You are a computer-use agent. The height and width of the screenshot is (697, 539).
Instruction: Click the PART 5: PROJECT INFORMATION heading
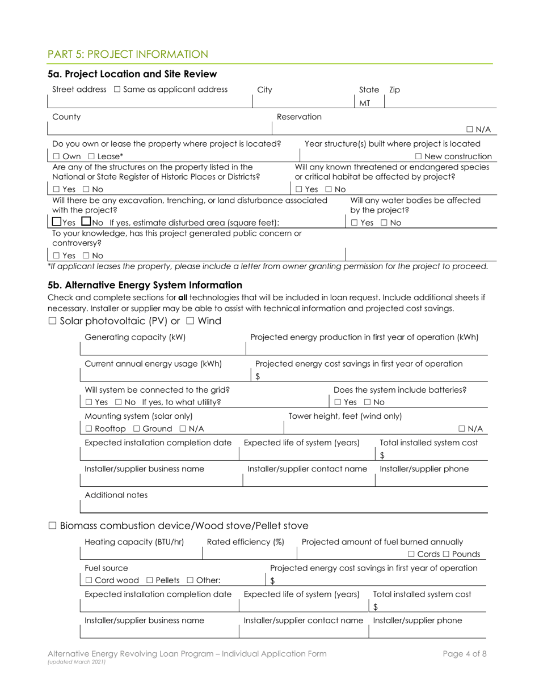128,54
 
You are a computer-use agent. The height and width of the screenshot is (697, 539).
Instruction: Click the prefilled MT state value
365,103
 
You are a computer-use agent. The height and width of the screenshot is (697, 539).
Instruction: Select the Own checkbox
56,156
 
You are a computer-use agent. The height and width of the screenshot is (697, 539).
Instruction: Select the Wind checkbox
190,321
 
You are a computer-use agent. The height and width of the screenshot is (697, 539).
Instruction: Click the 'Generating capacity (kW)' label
135,338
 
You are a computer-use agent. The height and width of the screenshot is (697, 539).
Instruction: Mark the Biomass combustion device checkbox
52,526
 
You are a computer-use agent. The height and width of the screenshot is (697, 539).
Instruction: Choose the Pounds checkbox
447,554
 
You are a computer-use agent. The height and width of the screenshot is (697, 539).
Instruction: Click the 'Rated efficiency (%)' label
245,542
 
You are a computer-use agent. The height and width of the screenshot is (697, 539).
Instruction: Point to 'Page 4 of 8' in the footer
465,653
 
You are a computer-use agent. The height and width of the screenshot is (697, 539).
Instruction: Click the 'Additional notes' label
116,495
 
